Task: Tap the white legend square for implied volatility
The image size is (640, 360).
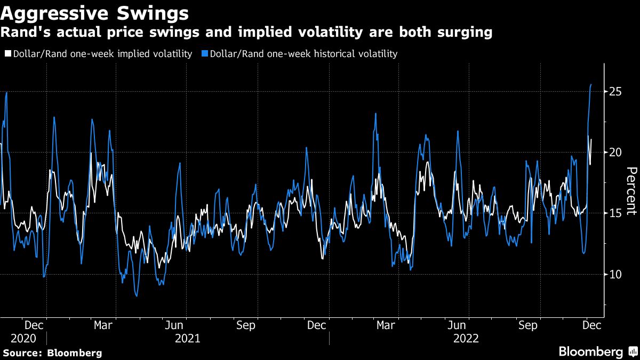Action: tap(7, 54)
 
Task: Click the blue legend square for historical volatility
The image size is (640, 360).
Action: tap(205, 54)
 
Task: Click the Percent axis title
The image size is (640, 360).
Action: tap(631, 190)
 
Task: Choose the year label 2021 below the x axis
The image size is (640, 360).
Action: tap(187, 338)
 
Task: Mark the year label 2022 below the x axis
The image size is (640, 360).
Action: tap(466, 338)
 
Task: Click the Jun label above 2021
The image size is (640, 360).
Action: tap(174, 325)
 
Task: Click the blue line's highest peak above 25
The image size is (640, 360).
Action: tap(591, 84)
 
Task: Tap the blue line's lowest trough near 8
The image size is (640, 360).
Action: tap(137, 295)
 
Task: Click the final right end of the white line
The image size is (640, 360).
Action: tap(591, 140)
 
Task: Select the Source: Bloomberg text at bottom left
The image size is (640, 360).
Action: tap(52, 353)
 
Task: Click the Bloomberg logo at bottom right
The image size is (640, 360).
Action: tap(597, 352)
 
